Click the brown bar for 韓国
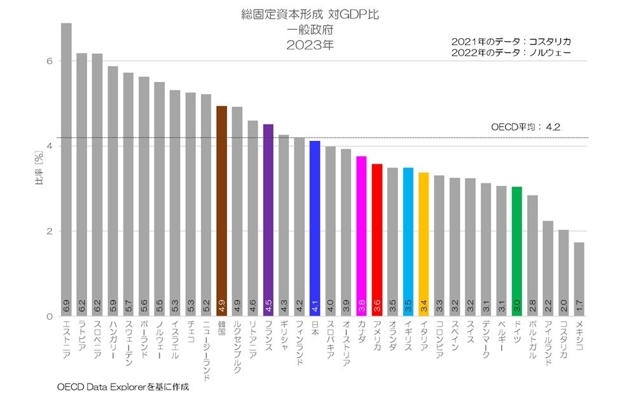click(x=222, y=210)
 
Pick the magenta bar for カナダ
click(x=361, y=235)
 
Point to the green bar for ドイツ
click(x=517, y=251)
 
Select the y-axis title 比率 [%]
click(x=39, y=167)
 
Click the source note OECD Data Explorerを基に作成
click(x=123, y=386)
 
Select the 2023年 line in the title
click(x=309, y=45)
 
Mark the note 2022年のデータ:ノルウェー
click(x=511, y=53)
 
